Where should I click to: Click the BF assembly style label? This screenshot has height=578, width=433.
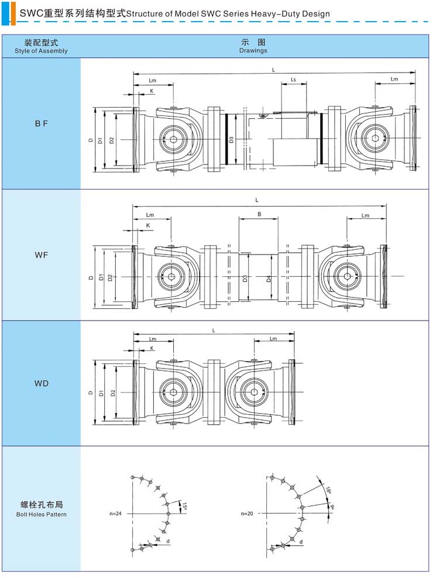point(42,124)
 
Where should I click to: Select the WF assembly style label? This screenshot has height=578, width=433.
point(42,254)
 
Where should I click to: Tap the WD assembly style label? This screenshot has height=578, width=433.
point(42,383)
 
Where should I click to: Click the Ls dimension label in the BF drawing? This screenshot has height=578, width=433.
point(293,80)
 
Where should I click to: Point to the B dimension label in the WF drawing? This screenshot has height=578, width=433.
point(259,214)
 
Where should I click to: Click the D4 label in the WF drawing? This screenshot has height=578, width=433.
point(269,278)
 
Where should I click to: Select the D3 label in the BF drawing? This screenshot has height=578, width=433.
point(231,140)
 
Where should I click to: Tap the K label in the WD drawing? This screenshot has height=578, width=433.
point(152,348)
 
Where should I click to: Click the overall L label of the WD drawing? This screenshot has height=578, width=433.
point(214,331)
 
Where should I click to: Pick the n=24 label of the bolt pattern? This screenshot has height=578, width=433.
point(115,514)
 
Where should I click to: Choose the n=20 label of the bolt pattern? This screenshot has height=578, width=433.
point(247,514)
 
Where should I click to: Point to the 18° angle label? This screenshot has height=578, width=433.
point(328,490)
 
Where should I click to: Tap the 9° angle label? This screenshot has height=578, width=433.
point(332,507)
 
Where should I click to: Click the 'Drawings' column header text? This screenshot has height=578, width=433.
point(253,50)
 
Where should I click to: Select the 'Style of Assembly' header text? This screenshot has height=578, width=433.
point(42,51)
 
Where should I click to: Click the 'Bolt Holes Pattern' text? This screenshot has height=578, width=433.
point(42,514)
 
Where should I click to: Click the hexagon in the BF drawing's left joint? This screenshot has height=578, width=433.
point(173,139)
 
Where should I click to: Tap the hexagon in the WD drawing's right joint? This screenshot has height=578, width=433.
point(254,392)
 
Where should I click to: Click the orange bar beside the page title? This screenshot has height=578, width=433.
point(13,13)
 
